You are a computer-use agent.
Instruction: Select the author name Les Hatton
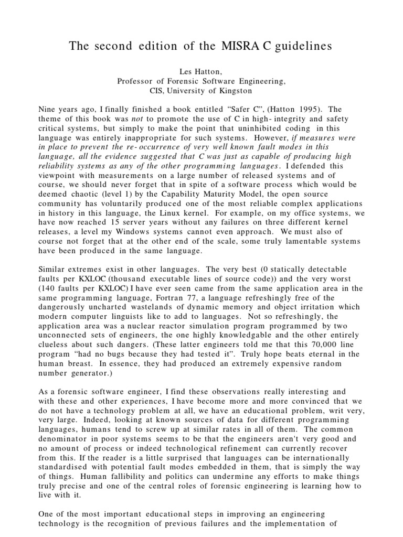click(201, 71)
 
